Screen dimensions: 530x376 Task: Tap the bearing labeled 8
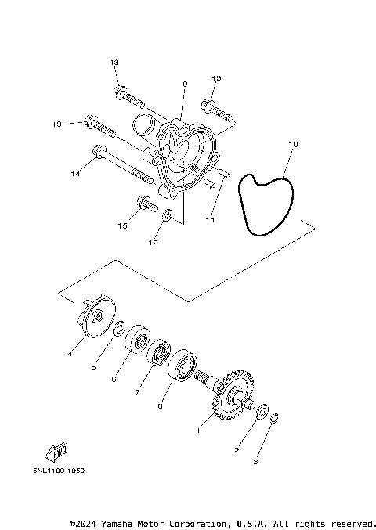click(x=183, y=365)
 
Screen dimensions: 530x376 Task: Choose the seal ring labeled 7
click(x=161, y=352)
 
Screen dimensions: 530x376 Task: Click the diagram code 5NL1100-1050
click(x=54, y=471)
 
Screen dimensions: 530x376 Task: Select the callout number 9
click(x=184, y=83)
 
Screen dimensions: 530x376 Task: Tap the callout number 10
click(x=293, y=145)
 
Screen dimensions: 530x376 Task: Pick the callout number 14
click(x=75, y=173)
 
